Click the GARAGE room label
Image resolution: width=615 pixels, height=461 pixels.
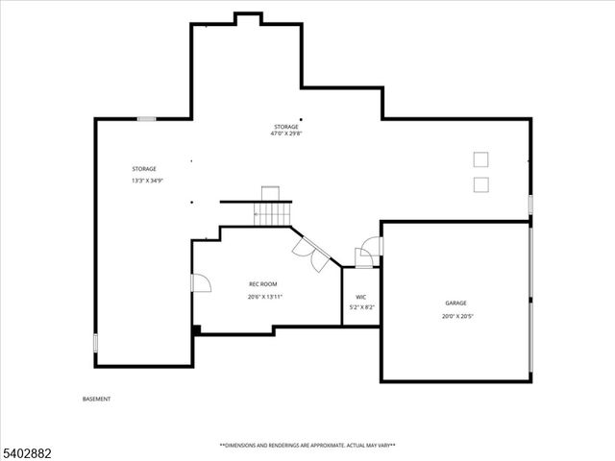pos(455,303)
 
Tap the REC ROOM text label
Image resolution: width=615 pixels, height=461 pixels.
pos(263,283)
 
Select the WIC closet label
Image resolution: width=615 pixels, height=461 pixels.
pos(360,297)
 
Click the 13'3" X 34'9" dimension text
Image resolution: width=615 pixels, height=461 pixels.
pos(147,181)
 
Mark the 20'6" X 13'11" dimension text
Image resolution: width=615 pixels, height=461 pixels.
pos(264,297)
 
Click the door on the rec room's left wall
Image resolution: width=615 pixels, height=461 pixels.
pos(200,282)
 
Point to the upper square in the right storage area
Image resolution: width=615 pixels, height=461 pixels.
pos(480,159)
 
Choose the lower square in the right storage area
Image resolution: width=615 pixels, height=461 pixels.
pos(480,184)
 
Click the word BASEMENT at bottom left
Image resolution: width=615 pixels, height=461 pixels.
pos(96,399)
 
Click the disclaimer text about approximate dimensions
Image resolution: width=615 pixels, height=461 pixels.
pos(307,446)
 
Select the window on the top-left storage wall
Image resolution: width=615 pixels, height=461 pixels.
pos(146,119)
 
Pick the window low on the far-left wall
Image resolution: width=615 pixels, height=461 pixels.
pos(95,342)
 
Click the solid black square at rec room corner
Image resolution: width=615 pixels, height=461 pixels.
pos(197,330)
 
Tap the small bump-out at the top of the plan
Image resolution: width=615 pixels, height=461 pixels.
pos(248,17)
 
